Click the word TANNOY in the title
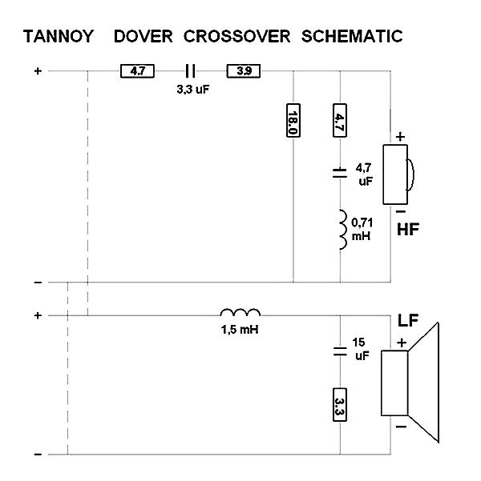pos(59,37)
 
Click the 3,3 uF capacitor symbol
pos(190,71)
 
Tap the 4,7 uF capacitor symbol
pos(342,171)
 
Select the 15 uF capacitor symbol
pos(342,351)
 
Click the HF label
pos(409,231)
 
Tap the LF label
pos(409,322)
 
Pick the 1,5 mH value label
pos(241,329)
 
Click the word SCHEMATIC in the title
pos(350,37)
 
